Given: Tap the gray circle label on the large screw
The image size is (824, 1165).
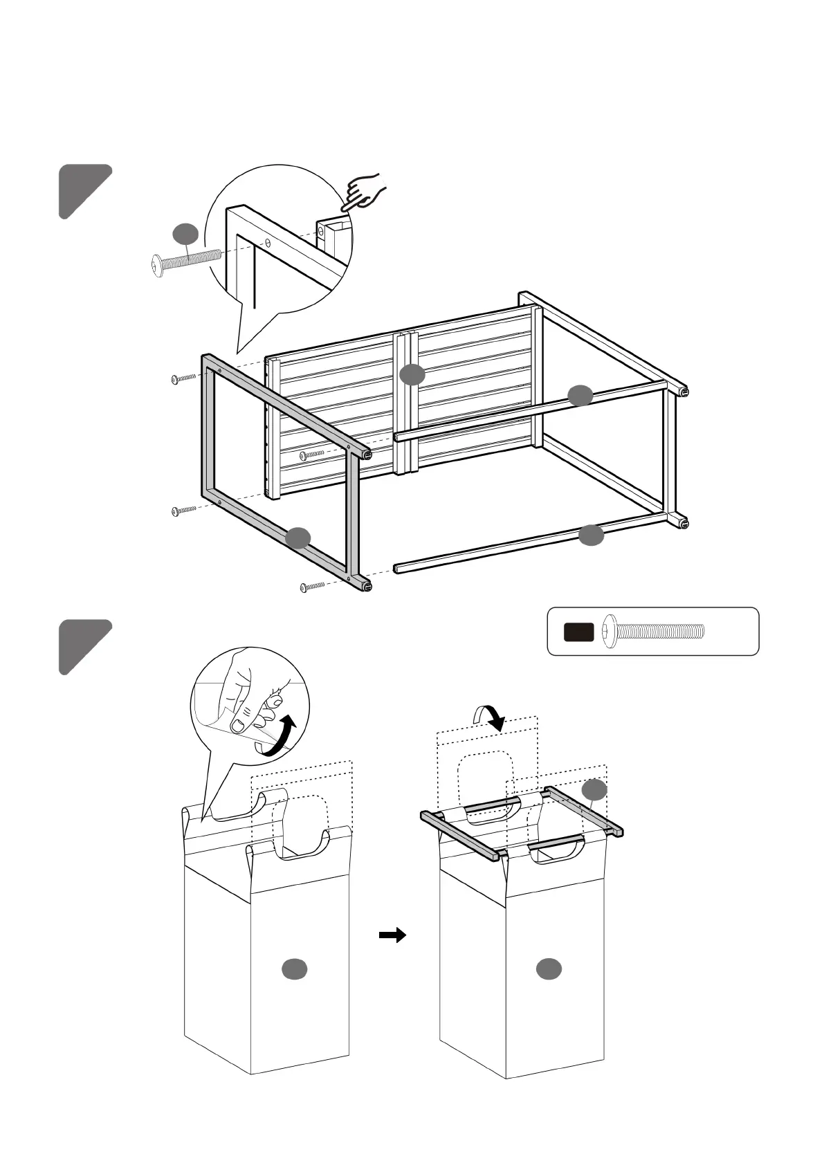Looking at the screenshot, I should (x=185, y=235).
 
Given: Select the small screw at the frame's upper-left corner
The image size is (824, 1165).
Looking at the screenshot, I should (x=183, y=378).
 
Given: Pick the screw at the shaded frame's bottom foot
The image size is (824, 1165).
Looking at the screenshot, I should (x=312, y=587).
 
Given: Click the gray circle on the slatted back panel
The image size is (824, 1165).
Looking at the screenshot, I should (x=412, y=374).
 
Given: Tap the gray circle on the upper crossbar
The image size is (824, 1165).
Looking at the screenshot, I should (x=580, y=395).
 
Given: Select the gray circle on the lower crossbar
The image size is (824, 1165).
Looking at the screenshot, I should (x=591, y=535).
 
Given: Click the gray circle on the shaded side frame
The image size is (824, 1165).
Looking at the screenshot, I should (x=298, y=538).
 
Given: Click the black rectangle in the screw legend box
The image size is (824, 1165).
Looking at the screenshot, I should (x=578, y=632).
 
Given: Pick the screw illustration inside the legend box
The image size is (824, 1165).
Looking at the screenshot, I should (x=653, y=631).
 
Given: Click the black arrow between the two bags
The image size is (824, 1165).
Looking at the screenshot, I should (x=392, y=935).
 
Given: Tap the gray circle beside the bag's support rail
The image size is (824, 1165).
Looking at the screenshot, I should (x=594, y=789).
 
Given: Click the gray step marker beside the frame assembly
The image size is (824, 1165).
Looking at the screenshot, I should (x=84, y=191).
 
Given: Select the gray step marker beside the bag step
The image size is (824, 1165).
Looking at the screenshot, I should (x=84, y=646).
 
